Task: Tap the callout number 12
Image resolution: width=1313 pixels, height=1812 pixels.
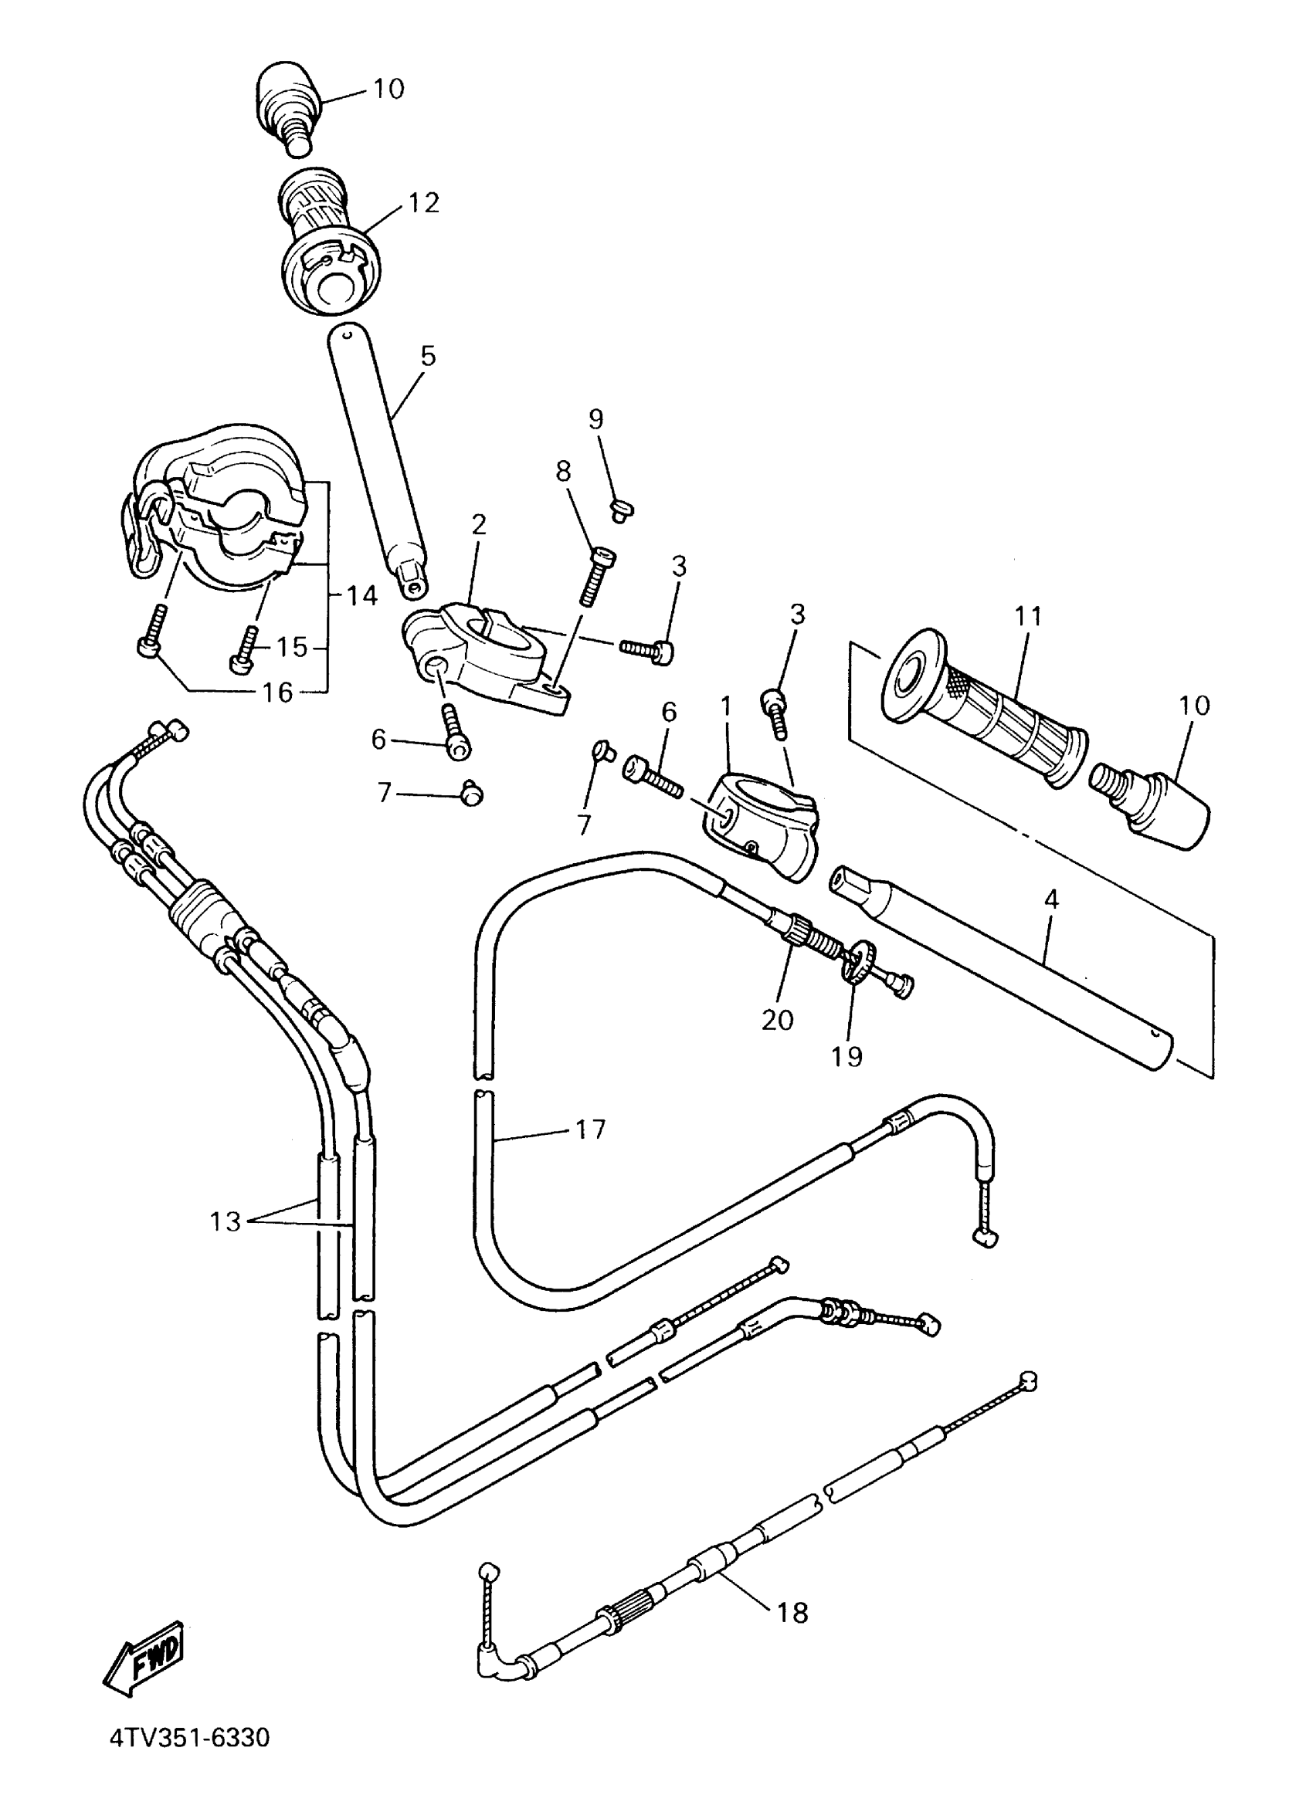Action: (423, 203)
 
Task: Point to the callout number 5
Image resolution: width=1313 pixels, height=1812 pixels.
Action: (429, 356)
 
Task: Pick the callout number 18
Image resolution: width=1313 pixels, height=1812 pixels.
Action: (792, 1612)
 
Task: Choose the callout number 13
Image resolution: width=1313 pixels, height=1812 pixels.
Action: (226, 1221)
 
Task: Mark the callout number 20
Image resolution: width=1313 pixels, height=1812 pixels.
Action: (777, 1019)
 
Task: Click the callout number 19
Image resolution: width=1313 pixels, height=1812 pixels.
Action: (846, 1056)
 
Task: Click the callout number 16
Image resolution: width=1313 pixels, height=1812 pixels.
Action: (277, 692)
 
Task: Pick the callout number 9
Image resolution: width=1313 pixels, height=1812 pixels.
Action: (596, 418)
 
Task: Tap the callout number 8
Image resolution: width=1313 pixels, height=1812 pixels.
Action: (563, 472)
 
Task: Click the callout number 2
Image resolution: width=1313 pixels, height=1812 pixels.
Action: (479, 524)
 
